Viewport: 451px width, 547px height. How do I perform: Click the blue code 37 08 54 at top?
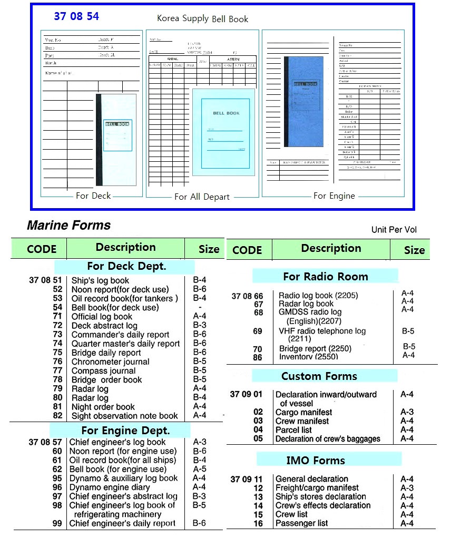coord(76,16)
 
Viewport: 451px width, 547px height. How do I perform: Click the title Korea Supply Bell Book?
coord(202,19)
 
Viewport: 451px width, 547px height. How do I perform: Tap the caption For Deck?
coord(93,196)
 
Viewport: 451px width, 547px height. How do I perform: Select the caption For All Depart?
coord(202,197)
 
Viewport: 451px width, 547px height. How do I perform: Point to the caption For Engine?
coord(334,196)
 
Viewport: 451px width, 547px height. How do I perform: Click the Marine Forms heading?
coord(68,226)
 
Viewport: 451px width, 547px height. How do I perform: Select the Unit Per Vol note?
coord(394,230)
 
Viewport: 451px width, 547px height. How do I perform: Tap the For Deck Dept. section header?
coord(126,266)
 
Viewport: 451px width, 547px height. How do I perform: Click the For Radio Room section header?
coord(325,276)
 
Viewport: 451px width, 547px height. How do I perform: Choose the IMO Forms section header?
coord(315,460)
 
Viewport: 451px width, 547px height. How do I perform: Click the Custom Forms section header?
coord(319,376)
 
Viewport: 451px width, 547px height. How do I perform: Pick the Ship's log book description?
coord(100,280)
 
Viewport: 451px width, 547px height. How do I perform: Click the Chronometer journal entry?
coord(110,362)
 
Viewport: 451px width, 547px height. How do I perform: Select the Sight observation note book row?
coord(124,416)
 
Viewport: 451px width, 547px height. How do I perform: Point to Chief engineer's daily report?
coord(122,523)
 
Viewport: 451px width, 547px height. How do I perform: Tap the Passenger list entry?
coord(301,523)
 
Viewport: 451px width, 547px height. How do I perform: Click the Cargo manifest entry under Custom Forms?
coord(303,412)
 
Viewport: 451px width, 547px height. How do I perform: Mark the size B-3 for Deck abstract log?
coord(199,325)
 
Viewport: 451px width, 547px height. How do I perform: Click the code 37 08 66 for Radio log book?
coord(247,296)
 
